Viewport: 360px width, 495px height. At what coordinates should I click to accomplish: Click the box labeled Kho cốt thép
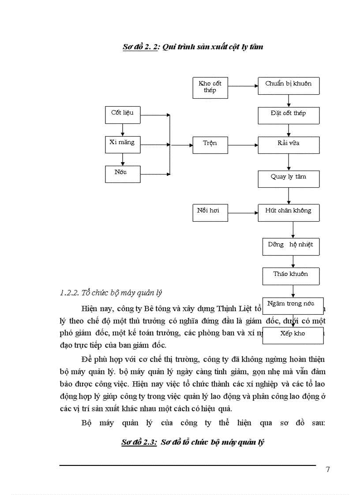pyautogui.click(x=210, y=87)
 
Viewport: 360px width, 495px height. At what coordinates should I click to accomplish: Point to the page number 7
pyautogui.click(x=327, y=469)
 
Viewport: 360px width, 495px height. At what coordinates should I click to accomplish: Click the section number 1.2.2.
pyautogui.click(x=69, y=292)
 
